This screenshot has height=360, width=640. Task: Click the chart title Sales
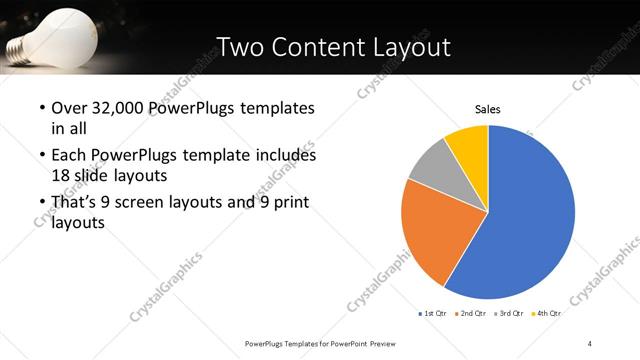[x=487, y=109]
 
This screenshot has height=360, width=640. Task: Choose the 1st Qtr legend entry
[x=433, y=314]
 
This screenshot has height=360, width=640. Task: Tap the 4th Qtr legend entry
[x=546, y=314]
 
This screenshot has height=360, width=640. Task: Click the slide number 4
[x=590, y=344]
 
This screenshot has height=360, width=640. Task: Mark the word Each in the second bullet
[x=67, y=156]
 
